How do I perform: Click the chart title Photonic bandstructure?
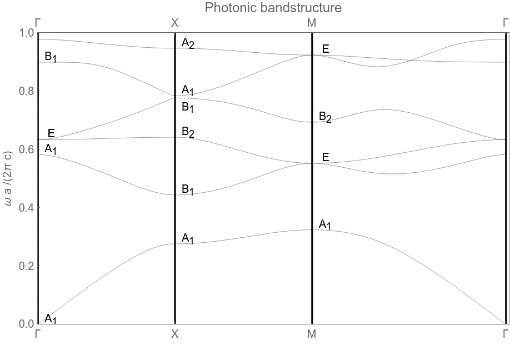coord(273,8)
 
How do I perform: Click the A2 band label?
coord(188,43)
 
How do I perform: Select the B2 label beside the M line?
coord(325,117)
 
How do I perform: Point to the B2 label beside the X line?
coord(188,132)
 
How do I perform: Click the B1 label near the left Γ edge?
coord(51,57)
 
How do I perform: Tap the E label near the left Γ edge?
coord(51,133)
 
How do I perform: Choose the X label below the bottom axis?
coord(175,334)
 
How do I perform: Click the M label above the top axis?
coord(312,23)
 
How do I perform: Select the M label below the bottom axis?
coord(312,334)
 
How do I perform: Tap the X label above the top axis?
coord(175,23)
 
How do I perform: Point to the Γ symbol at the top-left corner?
coord(38,23)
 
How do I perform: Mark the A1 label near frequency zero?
coord(51,319)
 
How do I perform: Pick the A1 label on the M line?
coord(325,224)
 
